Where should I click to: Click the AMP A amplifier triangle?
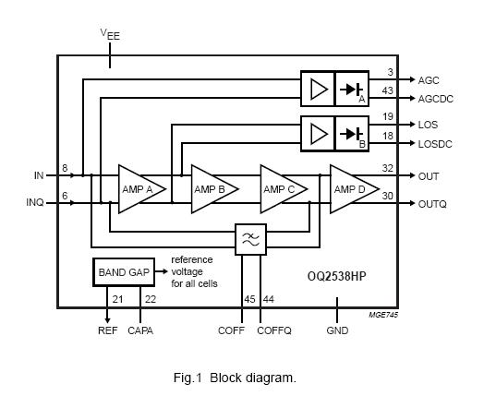coord(139,189)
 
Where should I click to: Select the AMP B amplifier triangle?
coord(212,189)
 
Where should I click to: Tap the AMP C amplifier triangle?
coord(281,189)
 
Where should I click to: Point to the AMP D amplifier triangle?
coord(352,189)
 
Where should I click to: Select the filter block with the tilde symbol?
coord(250,238)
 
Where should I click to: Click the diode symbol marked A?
coord(351,90)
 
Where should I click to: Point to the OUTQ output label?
coord(432,205)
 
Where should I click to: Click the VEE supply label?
coord(110,34)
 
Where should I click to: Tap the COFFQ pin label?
coord(273,330)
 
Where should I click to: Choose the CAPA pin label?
coord(140,330)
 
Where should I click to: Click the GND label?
coord(338,330)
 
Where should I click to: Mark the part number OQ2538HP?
coord(341,276)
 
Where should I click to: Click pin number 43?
coord(389,90)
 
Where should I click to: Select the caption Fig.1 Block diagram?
coord(234,377)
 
